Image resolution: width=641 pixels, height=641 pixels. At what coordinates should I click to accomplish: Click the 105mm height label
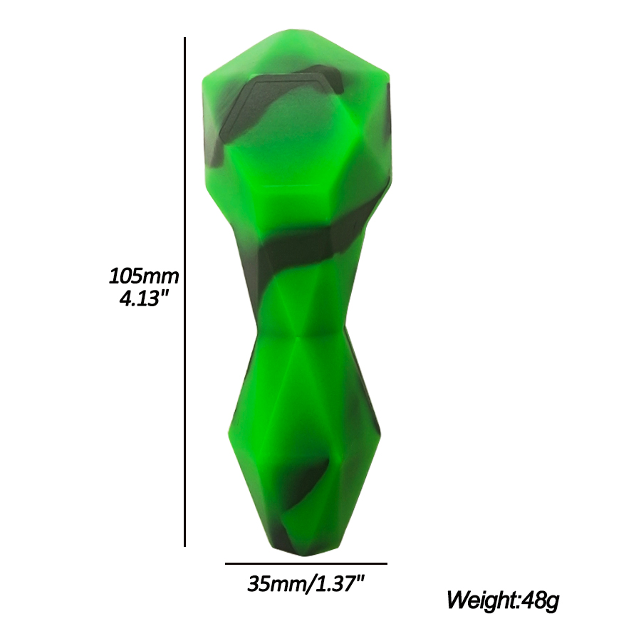143,276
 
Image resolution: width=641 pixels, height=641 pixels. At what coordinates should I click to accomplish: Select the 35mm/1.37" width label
306,584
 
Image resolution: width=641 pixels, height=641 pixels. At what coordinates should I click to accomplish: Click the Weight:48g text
502,600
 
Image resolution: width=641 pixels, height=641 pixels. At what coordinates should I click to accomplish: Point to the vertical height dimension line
184,292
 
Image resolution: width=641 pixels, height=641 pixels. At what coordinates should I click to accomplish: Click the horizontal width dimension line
306,564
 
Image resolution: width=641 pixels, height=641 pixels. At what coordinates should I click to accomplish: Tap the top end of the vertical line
184,38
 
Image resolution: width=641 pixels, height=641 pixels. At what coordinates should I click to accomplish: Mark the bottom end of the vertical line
184,546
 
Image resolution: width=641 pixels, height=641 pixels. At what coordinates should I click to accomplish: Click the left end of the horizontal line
226,564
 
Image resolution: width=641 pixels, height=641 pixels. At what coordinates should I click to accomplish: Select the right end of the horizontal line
387,564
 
